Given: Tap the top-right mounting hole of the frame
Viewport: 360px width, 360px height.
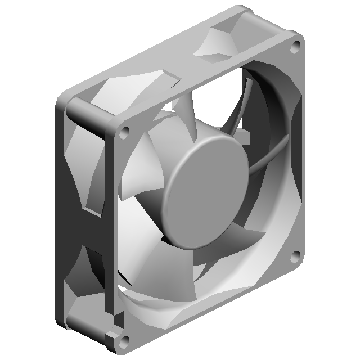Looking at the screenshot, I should pyautogui.click(x=294, y=48).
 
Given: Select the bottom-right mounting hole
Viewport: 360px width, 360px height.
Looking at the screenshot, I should pyautogui.click(x=294, y=256).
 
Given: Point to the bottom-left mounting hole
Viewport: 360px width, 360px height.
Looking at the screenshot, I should pyautogui.click(x=125, y=339).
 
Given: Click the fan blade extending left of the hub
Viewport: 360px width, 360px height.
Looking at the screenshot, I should pyautogui.click(x=141, y=174).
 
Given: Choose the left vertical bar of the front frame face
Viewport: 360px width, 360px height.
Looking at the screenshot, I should pyautogui.click(x=112, y=225).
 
